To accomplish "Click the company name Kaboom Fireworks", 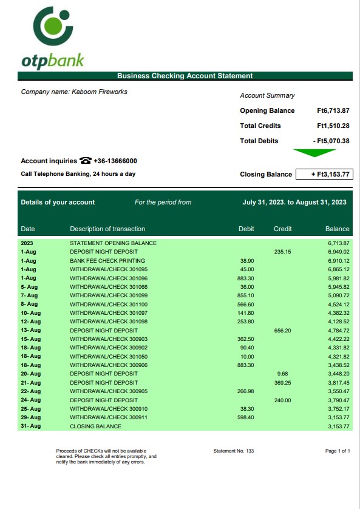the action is pyautogui.click(x=74, y=92).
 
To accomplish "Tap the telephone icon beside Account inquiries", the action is pyautogui.click(x=85, y=161).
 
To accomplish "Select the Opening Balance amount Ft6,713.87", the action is pyautogui.click(x=333, y=110).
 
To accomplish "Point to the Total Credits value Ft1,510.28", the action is pyautogui.click(x=333, y=126).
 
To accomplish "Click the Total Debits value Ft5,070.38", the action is pyautogui.click(x=331, y=141).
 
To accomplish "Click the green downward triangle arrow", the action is pyautogui.click(x=314, y=153).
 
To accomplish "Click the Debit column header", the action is pyautogui.click(x=246, y=229).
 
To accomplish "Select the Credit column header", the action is pyautogui.click(x=283, y=229).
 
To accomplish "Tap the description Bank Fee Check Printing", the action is pyautogui.click(x=107, y=260).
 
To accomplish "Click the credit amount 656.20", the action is pyautogui.click(x=283, y=331).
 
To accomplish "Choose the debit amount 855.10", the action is pyautogui.click(x=246, y=295).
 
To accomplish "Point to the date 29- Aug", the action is pyautogui.click(x=30, y=417).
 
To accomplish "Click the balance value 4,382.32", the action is pyautogui.click(x=338, y=313).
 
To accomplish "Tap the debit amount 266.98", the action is pyautogui.click(x=245, y=391).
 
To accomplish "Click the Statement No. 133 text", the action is pyautogui.click(x=234, y=451).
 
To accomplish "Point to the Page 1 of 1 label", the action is pyautogui.click(x=338, y=451).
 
